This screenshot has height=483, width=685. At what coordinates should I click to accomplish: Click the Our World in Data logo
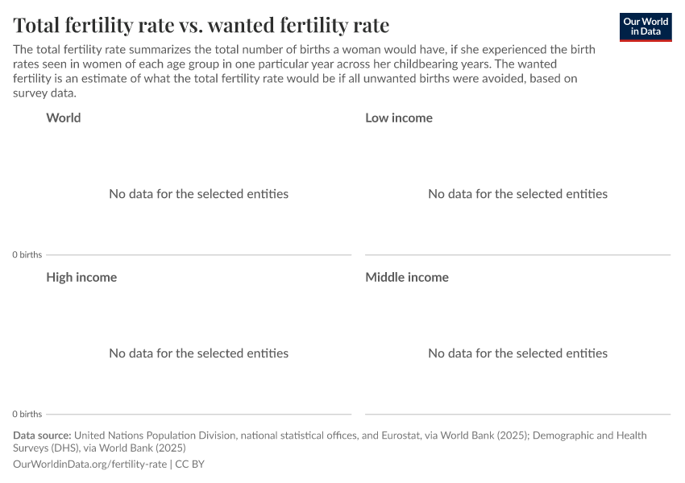(x=645, y=27)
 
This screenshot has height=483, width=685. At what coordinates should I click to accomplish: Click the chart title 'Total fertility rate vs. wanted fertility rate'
(x=201, y=25)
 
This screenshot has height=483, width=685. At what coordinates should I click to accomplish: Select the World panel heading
(x=64, y=118)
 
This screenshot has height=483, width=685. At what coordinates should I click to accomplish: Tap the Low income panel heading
(x=399, y=118)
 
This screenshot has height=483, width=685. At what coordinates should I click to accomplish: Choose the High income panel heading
(x=81, y=277)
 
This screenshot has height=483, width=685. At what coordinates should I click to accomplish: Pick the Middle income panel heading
(x=407, y=277)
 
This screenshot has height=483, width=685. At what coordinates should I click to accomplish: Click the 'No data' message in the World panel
(x=198, y=194)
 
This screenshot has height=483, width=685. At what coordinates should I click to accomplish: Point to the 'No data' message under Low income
(x=517, y=194)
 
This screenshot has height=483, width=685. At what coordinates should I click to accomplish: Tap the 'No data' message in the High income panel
(x=198, y=353)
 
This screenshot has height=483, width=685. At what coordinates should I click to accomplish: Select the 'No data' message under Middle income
(x=517, y=353)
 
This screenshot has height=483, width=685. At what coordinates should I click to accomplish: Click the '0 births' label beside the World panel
(x=27, y=254)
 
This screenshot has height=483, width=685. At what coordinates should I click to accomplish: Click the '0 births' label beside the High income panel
(x=27, y=414)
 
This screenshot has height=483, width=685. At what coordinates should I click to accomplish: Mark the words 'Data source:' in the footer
(x=42, y=436)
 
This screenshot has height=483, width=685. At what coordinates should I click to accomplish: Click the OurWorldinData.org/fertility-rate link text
(x=90, y=464)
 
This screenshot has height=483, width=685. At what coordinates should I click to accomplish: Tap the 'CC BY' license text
(x=190, y=464)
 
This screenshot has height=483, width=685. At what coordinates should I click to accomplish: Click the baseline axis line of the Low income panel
(x=517, y=255)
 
